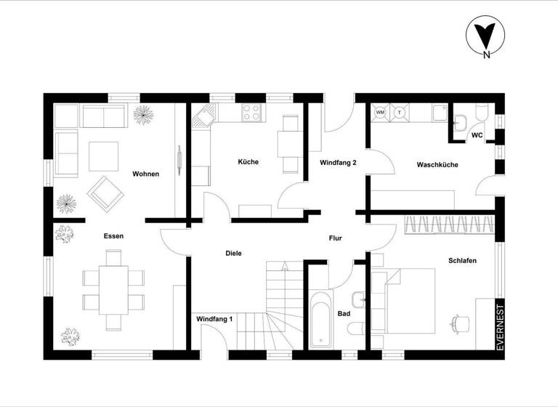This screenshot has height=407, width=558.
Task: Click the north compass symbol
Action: point(484,37)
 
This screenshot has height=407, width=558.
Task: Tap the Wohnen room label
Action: point(145,174)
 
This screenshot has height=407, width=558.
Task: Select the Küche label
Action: point(248,162)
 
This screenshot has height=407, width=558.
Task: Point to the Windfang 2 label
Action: point(338,163)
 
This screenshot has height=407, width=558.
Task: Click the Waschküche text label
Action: point(437,165)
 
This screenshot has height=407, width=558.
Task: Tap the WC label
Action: point(477,135)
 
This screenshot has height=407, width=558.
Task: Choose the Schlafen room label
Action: point(462,260)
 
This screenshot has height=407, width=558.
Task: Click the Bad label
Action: point(344,314)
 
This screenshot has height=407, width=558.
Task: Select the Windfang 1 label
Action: point(214,318)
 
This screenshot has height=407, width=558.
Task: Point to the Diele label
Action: point(233,253)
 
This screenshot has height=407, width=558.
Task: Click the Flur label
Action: point(335,238)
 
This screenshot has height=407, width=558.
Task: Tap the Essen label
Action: point(113,235)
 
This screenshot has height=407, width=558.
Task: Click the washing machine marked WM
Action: point(380,113)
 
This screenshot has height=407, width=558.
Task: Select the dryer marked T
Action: point(399,113)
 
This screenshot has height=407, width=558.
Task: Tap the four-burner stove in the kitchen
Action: point(251,112)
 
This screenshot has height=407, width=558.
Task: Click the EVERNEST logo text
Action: point(499,327)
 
